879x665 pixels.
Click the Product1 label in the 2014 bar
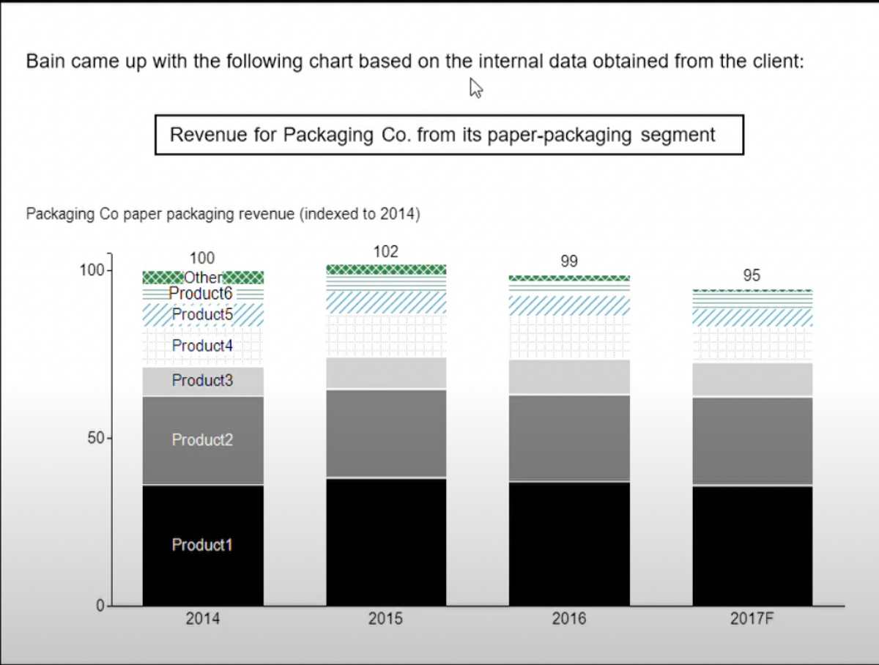pyautogui.click(x=202, y=545)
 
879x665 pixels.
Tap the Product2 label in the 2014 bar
pyautogui.click(x=202, y=439)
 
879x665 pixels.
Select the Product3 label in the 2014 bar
pyautogui.click(x=202, y=380)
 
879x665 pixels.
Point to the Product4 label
pyautogui.click(x=202, y=346)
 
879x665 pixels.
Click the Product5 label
pyautogui.click(x=202, y=314)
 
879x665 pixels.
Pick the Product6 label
pyautogui.click(x=200, y=293)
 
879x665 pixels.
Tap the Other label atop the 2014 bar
pyautogui.click(x=203, y=278)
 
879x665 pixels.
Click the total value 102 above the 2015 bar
pyautogui.click(x=386, y=252)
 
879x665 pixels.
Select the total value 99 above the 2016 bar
pyautogui.click(x=569, y=261)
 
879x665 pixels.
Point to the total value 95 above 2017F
pyautogui.click(x=752, y=275)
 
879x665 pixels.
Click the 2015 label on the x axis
pyautogui.click(x=385, y=619)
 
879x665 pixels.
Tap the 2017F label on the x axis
pyautogui.click(x=752, y=619)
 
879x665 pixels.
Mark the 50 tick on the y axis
pyautogui.click(x=94, y=439)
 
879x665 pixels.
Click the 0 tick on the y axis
pyautogui.click(x=101, y=606)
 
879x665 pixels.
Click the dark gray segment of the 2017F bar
pyautogui.click(x=752, y=441)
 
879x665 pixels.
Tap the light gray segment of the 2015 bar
pyautogui.click(x=386, y=373)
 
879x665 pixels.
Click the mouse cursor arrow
pyautogui.click(x=475, y=88)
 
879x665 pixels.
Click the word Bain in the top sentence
pyautogui.click(x=46, y=61)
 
